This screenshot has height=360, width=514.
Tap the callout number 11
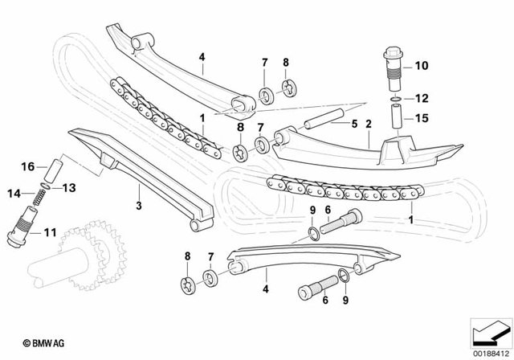(x=49, y=234)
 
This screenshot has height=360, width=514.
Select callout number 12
(x=421, y=99)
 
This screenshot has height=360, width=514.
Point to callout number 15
(x=421, y=119)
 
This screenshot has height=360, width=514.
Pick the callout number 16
(x=27, y=167)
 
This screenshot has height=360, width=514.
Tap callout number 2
(x=368, y=125)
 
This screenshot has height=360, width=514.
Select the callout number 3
(x=137, y=207)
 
